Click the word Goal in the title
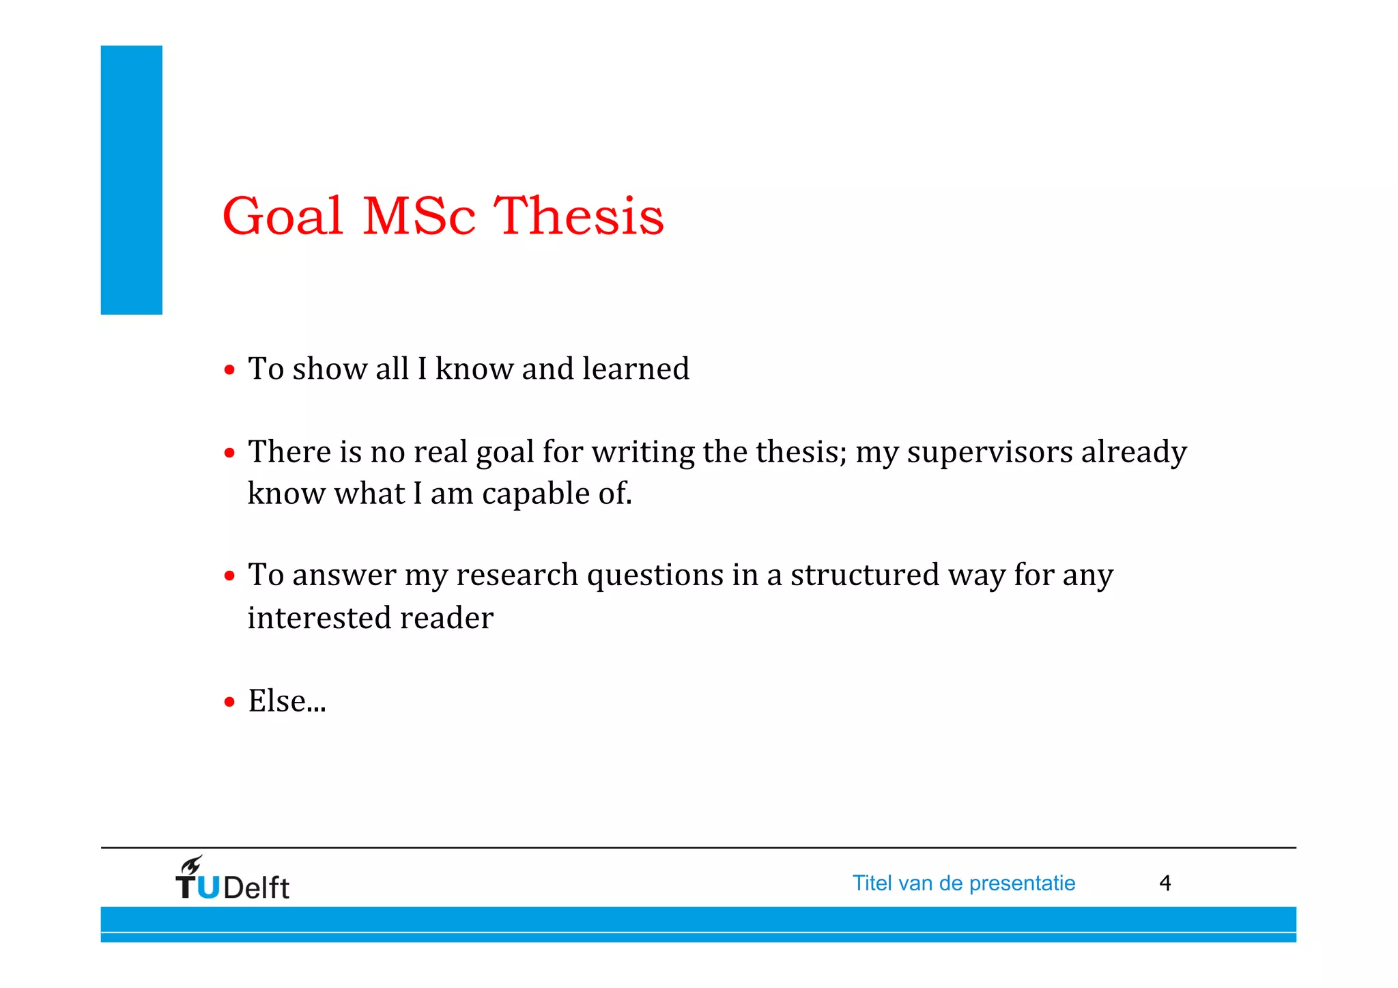coord(283,216)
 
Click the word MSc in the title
coord(418,216)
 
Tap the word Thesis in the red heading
coord(579,216)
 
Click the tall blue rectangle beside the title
coord(132,180)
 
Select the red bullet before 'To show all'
coord(230,370)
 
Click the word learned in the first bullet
coord(636,369)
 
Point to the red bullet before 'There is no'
coord(230,453)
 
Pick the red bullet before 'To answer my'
coord(230,576)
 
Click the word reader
coord(446,618)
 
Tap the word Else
coord(277,701)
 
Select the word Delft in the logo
coord(256,888)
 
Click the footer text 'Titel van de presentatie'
coord(963,884)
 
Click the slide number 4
coord(1165,884)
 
